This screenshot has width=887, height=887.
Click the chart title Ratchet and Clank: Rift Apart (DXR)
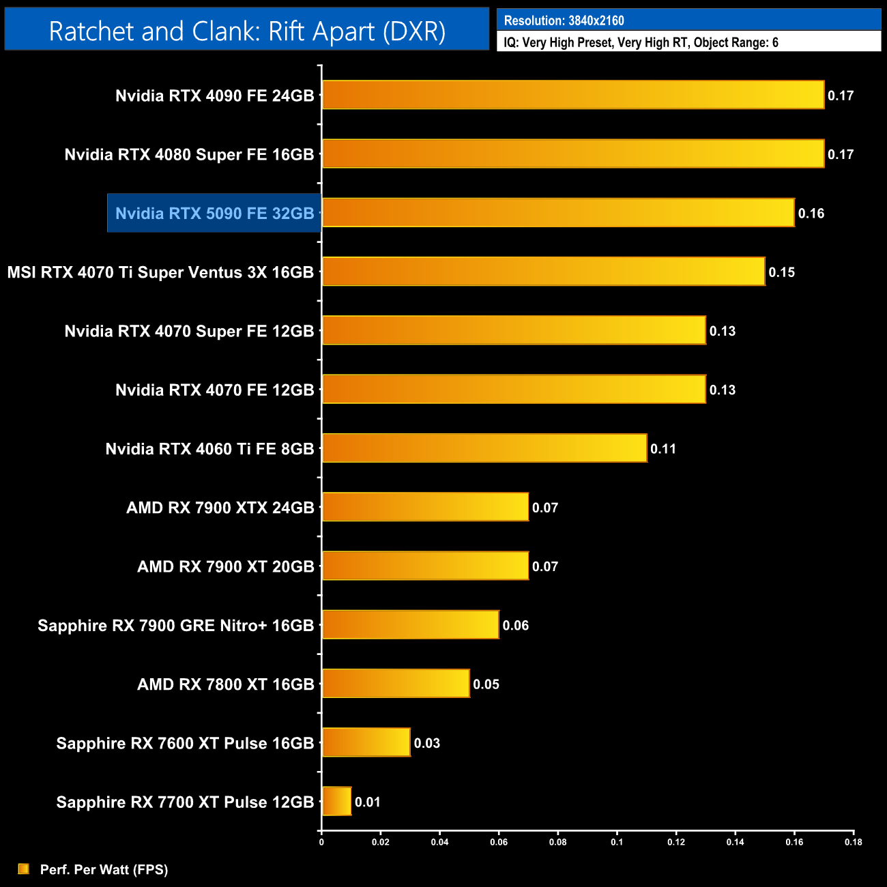pos(247,31)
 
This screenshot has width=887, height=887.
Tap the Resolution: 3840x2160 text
pos(564,20)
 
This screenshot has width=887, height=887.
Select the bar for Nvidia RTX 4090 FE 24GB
pos(573,95)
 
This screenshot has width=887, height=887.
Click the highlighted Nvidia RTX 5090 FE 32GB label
pos(214,214)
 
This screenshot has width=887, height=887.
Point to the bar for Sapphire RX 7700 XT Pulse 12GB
pos(336,801)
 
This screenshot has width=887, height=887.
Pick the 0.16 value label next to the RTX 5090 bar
pos(811,214)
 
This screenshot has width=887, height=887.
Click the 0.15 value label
pos(781,272)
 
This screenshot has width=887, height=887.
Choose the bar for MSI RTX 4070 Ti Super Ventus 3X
pos(543,272)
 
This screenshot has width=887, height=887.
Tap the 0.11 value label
pos(663,449)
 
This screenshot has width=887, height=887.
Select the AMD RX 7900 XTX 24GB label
pos(220,508)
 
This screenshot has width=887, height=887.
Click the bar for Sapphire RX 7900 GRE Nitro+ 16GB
pos(410,624)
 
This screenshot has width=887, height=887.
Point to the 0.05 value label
pos(486,684)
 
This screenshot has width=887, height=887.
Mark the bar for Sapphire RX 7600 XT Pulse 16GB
pos(366,742)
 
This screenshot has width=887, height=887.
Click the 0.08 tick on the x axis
pos(557,842)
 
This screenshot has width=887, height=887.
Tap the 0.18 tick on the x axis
pos(853,842)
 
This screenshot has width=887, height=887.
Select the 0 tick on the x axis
pos(321,842)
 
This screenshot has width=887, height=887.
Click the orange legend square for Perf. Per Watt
pos(24,869)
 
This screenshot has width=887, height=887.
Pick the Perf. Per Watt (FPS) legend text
pos(104,869)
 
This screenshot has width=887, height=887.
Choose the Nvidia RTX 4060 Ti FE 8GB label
pos(209,449)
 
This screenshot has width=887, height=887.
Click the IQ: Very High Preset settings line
pos(641,42)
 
